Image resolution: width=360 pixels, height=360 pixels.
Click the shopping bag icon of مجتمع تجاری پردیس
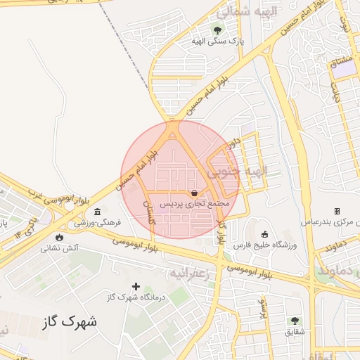(194, 193)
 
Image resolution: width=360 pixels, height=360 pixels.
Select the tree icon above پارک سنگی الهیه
(218, 30)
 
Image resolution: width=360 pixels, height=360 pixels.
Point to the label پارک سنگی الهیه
(218, 41)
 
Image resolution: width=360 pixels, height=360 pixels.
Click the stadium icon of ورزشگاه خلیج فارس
(264, 234)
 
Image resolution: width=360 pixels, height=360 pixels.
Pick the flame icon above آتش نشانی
(58, 237)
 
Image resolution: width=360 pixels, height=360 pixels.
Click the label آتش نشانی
(60, 247)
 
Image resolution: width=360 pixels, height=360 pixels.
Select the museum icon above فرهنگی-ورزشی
(97, 212)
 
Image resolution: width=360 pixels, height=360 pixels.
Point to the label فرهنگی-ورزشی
(98, 222)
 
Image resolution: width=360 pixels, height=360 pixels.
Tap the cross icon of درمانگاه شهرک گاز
(136, 286)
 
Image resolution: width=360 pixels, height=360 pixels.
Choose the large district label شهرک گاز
(70, 322)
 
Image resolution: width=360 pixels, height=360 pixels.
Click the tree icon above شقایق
(295, 321)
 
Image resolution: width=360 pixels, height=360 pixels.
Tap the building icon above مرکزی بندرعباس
(337, 211)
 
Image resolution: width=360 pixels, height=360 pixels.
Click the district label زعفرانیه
(190, 271)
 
